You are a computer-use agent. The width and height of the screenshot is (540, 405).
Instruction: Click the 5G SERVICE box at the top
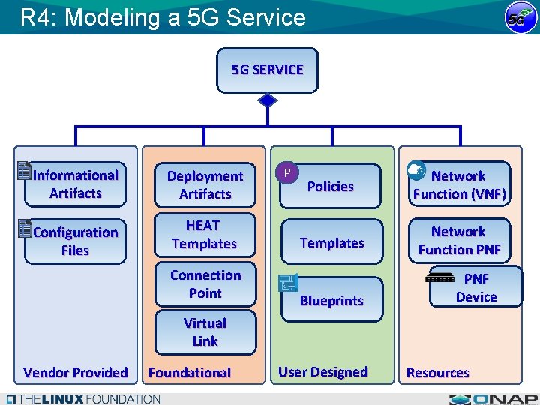(268, 70)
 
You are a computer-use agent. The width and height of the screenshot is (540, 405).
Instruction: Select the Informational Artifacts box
(75, 184)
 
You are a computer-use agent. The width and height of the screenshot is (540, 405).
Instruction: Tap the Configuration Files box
(75, 241)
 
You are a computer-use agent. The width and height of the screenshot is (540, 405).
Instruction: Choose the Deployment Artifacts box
(205, 184)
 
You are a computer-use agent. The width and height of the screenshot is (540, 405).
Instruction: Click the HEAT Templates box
(204, 235)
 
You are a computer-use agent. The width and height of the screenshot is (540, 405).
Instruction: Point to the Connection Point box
(205, 283)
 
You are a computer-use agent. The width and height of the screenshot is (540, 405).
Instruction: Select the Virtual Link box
(205, 332)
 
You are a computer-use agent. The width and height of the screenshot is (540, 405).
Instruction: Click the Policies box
(331, 186)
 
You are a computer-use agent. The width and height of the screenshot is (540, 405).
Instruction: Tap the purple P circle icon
(286, 172)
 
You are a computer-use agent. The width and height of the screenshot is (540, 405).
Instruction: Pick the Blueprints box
(331, 300)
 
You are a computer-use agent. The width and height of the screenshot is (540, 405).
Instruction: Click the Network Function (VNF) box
(459, 184)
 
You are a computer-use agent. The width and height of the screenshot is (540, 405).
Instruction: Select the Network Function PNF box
(459, 240)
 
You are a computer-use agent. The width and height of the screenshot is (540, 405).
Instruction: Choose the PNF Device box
(475, 287)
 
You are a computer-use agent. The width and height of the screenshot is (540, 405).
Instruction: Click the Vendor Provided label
(75, 373)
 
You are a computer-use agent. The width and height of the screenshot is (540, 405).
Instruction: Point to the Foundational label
(190, 373)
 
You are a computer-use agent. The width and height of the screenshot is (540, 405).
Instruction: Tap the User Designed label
(323, 372)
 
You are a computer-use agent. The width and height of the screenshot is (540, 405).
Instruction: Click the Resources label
(438, 373)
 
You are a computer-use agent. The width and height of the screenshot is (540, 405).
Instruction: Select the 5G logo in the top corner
(518, 18)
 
